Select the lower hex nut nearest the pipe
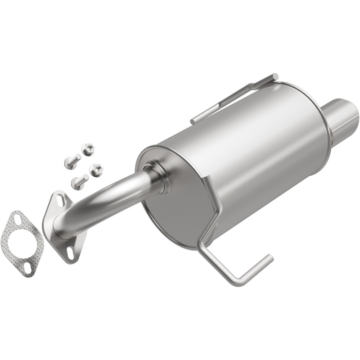coord(96,170)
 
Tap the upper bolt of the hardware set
coord(72,160)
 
